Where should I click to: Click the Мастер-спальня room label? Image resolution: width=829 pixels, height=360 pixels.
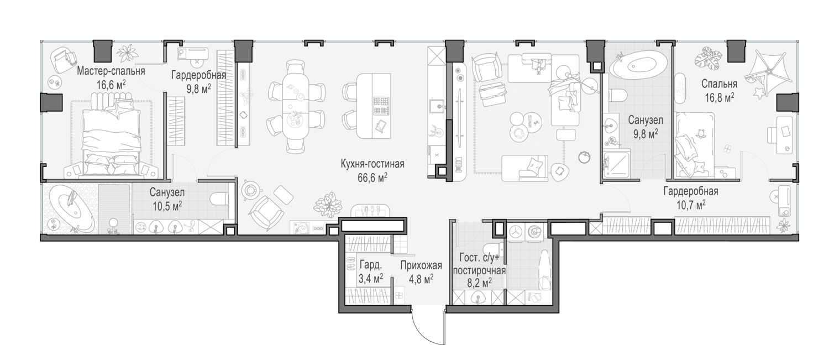click(111, 71)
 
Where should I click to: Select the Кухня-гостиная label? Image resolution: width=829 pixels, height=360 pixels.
click(372, 164)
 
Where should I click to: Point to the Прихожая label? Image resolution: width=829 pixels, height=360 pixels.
click(421, 265)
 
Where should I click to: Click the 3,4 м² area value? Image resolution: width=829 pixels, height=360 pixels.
click(370, 278)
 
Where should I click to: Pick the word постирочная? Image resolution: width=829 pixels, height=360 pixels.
click(479, 270)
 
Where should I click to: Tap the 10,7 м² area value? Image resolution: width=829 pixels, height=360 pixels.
click(691, 205)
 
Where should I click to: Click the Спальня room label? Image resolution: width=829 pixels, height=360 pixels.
click(719, 84)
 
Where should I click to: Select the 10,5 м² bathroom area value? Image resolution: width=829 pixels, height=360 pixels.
click(167, 206)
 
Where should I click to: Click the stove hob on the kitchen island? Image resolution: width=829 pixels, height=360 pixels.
click(381, 106)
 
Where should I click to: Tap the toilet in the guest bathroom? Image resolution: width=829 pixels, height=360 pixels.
click(494, 248)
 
